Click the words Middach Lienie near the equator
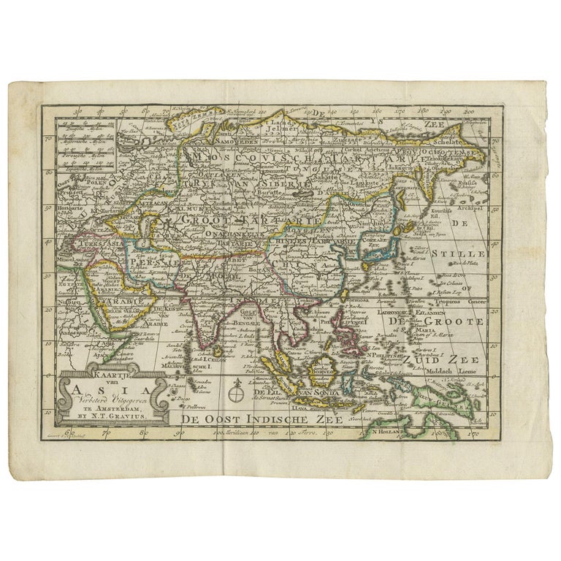pyautogui.click(x=459, y=371)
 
